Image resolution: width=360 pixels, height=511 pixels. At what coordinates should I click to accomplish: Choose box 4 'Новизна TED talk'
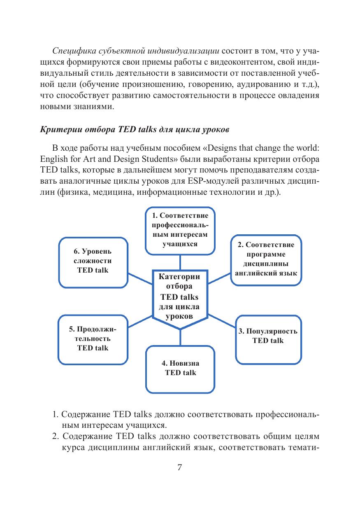[x=180, y=369]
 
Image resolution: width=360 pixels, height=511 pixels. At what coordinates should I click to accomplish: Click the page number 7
[x=179, y=467]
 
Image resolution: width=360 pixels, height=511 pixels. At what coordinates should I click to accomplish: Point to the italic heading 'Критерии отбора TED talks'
[x=134, y=128]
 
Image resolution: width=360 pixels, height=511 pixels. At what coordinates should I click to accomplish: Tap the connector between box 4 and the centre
[x=180, y=338]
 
